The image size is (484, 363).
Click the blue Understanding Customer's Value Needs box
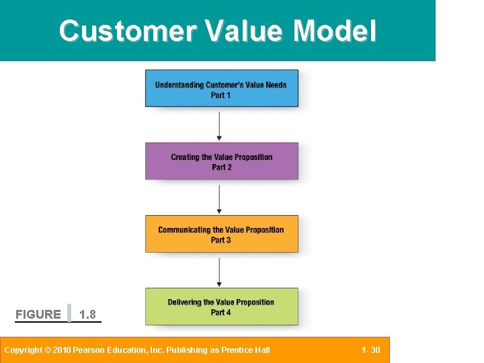pos(221,89)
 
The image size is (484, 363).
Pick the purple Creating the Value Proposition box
pos(221,161)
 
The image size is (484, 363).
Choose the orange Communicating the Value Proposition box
pos(221,234)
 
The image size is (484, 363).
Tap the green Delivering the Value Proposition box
pos(221,307)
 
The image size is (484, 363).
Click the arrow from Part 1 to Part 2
pos(219,125)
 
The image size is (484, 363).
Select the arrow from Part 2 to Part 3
pos(219,198)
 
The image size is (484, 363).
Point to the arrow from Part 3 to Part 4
pos(219,270)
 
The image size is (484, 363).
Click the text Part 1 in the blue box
pos(221,95)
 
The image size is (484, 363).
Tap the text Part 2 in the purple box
pos(221,167)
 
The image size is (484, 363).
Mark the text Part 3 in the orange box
pos(221,240)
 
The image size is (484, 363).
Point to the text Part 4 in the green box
pos(221,313)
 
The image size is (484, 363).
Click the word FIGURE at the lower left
pos(38,315)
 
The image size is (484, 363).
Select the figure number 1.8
pos(87,315)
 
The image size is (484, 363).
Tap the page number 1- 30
pos(370,350)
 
